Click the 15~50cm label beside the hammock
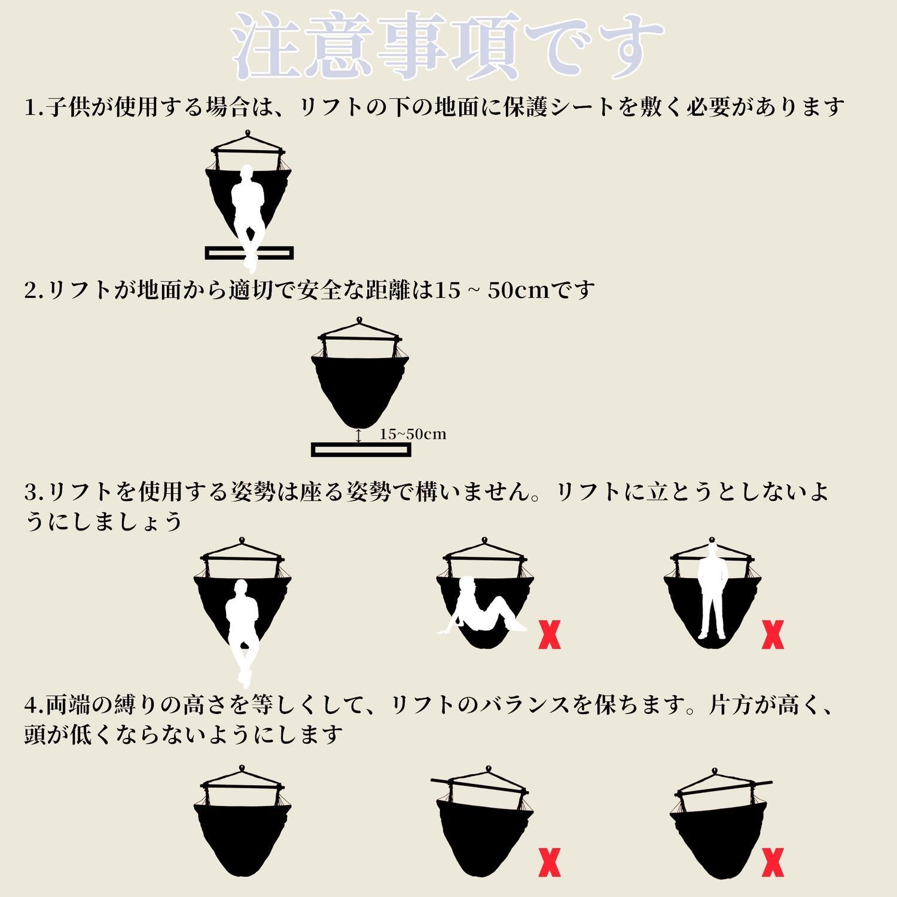[413, 434]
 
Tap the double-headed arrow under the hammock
[358, 435]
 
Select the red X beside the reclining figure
[550, 635]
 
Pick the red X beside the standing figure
[773, 635]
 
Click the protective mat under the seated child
[249, 253]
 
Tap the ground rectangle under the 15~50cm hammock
[361, 449]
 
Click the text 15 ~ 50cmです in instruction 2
[514, 291]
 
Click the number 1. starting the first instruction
[33, 108]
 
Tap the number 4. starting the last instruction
[33, 706]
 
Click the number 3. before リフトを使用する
[33, 493]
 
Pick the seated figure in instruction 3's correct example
[242, 628]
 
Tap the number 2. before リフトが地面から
[33, 291]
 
